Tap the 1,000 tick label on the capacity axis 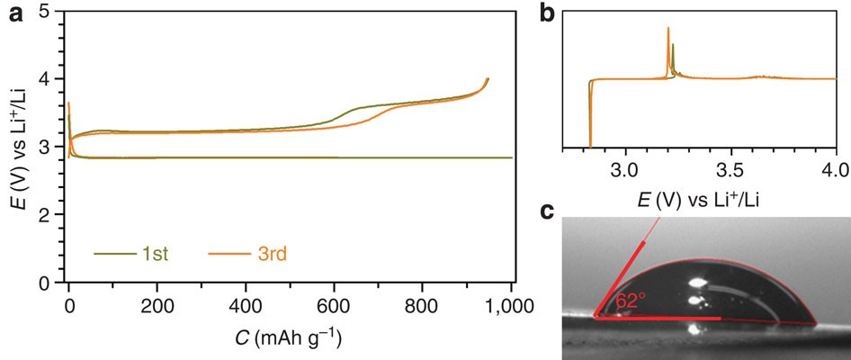[x=510, y=304]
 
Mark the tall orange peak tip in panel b [x=668, y=28]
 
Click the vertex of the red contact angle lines [x=596, y=317]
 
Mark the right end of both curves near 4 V [x=488, y=79]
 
